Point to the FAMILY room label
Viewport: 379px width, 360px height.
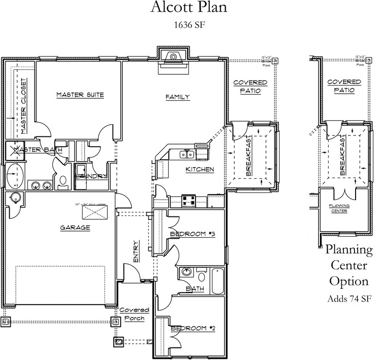pyautogui.click(x=178, y=97)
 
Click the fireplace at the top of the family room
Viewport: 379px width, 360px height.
pyautogui.click(x=174, y=58)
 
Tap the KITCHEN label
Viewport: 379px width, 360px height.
pyautogui.click(x=199, y=170)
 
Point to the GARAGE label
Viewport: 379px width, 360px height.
pyautogui.click(x=74, y=228)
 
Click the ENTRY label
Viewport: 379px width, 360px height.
pyautogui.click(x=136, y=252)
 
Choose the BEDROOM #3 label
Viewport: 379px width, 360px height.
pyautogui.click(x=193, y=234)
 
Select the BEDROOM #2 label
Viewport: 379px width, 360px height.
pyautogui.click(x=193, y=328)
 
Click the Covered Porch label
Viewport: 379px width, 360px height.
pyautogui.click(x=134, y=314)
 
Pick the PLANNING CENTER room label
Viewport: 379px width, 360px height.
pyautogui.click(x=339, y=208)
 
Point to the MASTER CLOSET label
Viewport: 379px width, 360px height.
pyautogui.click(x=23, y=106)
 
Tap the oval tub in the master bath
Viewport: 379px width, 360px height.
pyautogui.click(x=16, y=175)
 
